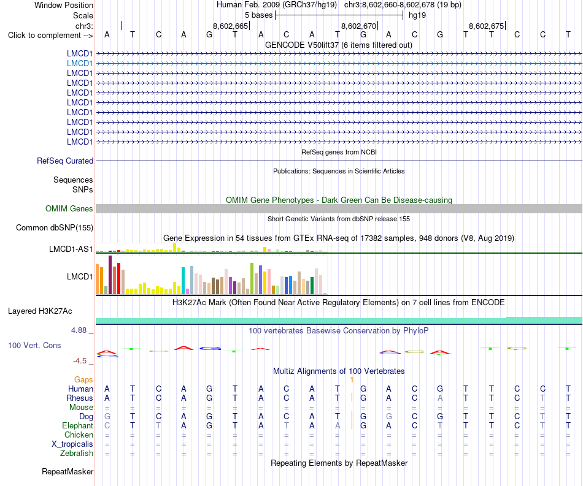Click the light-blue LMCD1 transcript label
tap(80, 64)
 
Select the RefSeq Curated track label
tap(65, 161)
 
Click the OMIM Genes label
tap(69, 208)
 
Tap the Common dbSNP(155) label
tap(55, 227)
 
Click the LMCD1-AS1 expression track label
tap(71, 249)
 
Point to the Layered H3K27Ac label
tap(40, 311)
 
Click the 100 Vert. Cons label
tap(34, 345)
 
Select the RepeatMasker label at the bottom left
tap(68, 471)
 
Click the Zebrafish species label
tap(77, 454)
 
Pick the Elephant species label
tap(78, 425)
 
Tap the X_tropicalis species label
tap(72, 444)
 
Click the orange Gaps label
tap(83, 379)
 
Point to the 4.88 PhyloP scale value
tap(79, 330)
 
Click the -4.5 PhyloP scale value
tap(80, 361)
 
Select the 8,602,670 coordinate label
tap(359, 26)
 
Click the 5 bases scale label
tap(259, 15)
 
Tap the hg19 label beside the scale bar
tap(417, 15)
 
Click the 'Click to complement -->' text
tap(50, 36)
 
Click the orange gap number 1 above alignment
tap(352, 379)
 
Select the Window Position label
tap(64, 5)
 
